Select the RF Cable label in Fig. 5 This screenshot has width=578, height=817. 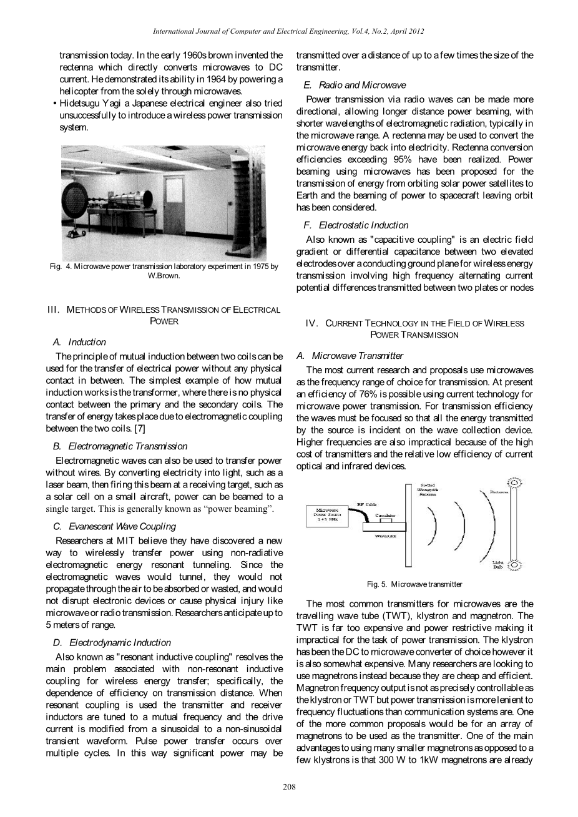365,504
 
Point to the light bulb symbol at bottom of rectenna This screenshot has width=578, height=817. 516,565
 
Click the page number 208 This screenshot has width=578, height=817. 289,786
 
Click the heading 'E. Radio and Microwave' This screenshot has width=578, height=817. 355,85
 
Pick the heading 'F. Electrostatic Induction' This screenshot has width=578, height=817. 356,225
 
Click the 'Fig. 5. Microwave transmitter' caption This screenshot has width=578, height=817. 414,584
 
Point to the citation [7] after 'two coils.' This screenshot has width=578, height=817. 140,428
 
